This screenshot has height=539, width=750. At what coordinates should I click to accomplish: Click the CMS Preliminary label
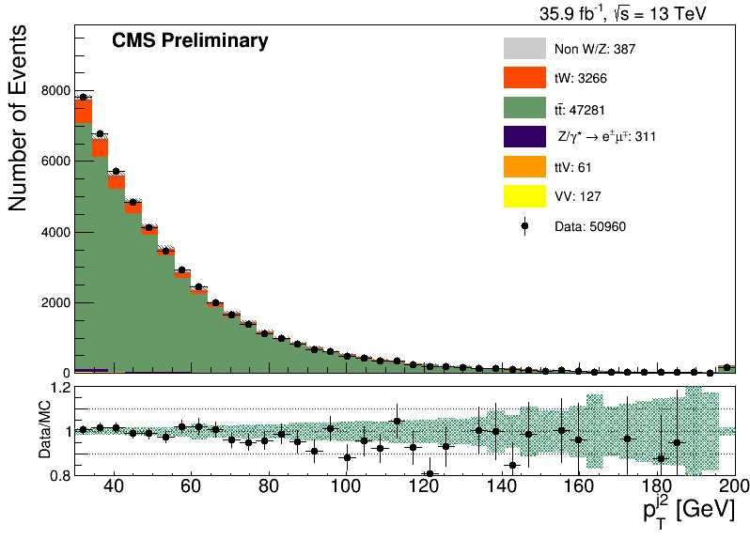(190, 40)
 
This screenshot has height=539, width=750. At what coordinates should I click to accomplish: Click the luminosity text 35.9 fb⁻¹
(570, 14)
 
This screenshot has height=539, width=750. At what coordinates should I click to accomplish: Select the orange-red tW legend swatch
(524, 77)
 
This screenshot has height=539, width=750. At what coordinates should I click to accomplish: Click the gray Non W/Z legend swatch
(524, 48)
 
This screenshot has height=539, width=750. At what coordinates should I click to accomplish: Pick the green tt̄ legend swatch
(524, 107)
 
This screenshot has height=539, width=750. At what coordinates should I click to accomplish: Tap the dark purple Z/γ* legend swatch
(524, 137)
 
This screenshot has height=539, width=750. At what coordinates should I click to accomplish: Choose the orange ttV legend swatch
(524, 166)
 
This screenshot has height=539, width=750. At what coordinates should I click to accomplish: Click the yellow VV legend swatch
(524, 196)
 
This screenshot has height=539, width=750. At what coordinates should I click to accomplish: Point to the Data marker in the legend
(524, 226)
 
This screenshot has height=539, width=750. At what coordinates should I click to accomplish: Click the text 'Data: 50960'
(590, 226)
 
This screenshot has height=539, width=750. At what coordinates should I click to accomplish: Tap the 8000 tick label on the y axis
(55, 90)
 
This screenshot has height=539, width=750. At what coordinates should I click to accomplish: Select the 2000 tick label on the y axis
(55, 302)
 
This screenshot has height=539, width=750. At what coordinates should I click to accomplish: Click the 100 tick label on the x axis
(346, 486)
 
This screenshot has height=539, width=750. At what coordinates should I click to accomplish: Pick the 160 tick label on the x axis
(578, 486)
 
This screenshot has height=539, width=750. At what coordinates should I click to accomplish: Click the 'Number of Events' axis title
(18, 118)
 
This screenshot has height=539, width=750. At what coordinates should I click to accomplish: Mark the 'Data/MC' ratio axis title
(44, 429)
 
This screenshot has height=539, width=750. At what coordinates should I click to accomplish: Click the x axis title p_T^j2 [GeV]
(689, 512)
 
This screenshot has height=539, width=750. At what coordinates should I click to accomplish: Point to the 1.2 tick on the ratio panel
(61, 388)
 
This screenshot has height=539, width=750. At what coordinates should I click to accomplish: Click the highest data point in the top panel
(84, 97)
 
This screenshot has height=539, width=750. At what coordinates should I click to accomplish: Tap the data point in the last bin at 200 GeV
(727, 367)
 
